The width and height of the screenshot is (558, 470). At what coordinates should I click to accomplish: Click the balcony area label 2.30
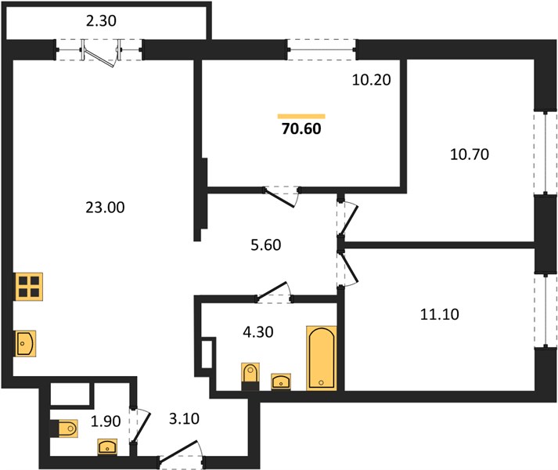[101, 21]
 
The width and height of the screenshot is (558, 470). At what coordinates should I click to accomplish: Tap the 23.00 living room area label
[105, 208]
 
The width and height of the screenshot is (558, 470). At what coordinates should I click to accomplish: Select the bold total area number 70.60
[301, 128]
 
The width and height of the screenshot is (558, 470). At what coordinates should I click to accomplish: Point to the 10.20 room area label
[371, 80]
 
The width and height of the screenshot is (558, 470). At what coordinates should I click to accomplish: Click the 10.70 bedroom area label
[470, 154]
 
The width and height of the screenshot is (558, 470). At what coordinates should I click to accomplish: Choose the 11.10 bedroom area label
[440, 315]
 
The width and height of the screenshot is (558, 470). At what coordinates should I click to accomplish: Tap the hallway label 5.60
[266, 245]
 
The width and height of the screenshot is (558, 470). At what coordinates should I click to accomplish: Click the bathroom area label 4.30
[258, 332]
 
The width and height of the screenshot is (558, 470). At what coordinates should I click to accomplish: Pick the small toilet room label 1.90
[106, 421]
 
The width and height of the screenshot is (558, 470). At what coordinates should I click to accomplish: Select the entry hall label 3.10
[184, 419]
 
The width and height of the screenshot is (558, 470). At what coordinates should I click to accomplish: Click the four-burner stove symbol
[28, 287]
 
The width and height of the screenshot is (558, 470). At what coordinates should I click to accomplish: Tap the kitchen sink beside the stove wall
[26, 343]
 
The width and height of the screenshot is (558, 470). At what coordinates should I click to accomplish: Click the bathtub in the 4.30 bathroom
[322, 358]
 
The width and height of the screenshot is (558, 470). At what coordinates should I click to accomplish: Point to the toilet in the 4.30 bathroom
[250, 376]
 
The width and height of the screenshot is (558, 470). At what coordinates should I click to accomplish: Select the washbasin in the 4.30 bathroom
[281, 381]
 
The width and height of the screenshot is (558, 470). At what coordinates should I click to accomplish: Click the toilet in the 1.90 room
[63, 428]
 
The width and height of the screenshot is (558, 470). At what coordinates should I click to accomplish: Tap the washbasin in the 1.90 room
[107, 446]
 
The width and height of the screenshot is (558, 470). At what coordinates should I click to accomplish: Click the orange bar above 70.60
[301, 116]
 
